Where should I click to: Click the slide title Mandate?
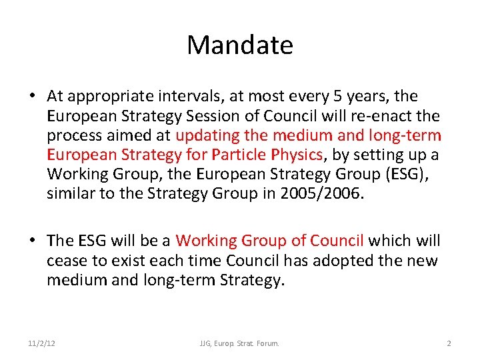[240, 45]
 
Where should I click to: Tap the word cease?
[65, 261]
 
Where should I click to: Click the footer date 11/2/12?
[41, 343]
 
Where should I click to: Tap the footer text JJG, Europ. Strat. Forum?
[239, 343]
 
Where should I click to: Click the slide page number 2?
[449, 343]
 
